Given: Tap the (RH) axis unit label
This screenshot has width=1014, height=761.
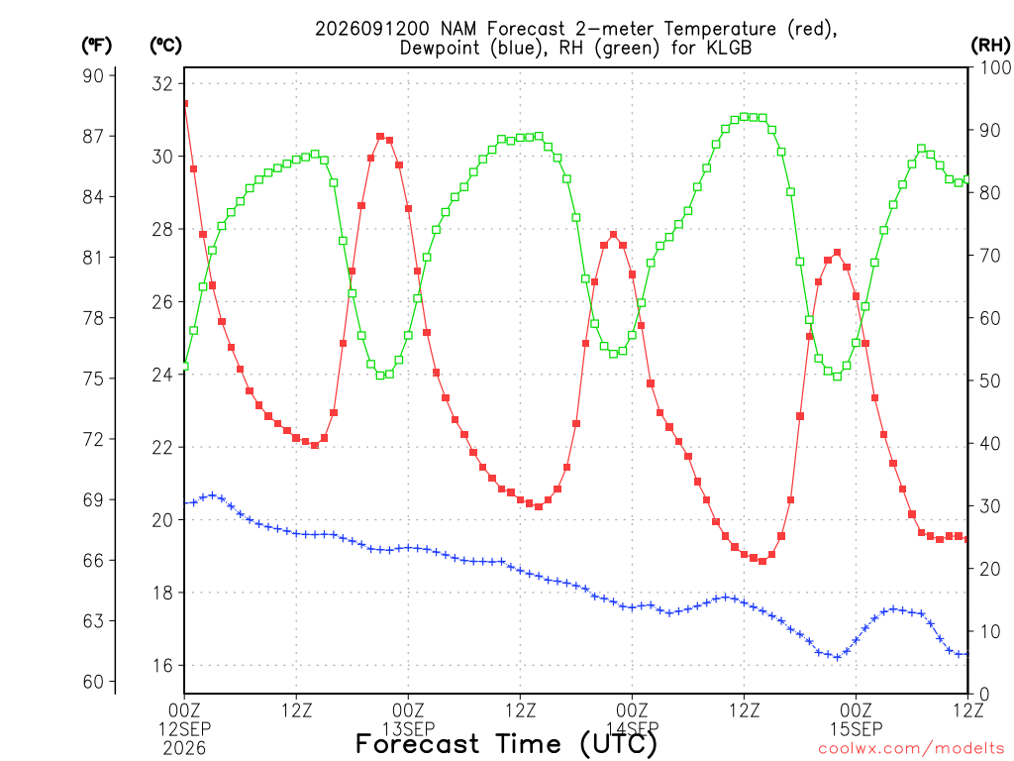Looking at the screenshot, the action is point(990,46).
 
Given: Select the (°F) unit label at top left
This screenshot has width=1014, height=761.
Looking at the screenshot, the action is point(96,46).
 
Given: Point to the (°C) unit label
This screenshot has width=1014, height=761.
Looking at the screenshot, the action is point(165,46).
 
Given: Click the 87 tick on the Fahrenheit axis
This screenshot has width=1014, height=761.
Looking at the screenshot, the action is point(93,136).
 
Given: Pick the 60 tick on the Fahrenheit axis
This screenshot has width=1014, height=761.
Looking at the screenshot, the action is point(93,682).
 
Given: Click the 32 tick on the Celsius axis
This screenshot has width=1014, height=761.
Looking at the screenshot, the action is point(162,83).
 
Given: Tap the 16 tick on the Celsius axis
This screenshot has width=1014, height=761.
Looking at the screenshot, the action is point(162,665).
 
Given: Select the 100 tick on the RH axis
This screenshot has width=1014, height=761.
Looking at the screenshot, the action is point(995,67).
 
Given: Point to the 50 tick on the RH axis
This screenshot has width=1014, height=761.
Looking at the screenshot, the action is point(990,380).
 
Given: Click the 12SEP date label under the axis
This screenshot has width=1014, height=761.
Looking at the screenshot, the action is point(184,729).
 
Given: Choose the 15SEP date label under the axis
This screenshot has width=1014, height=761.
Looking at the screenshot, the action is point(857,729).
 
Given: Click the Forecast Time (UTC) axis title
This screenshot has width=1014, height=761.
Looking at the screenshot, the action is point(506,744).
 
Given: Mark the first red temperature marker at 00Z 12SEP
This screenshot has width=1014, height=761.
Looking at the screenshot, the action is point(185,103).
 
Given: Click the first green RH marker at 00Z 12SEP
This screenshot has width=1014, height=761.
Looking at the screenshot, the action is point(185,367).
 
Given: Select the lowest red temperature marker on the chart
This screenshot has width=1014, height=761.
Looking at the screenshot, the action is point(762,561).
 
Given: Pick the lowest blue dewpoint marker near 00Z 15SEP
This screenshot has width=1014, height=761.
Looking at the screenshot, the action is point(838,658).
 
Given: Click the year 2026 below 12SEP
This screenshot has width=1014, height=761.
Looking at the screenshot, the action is point(184,749).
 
